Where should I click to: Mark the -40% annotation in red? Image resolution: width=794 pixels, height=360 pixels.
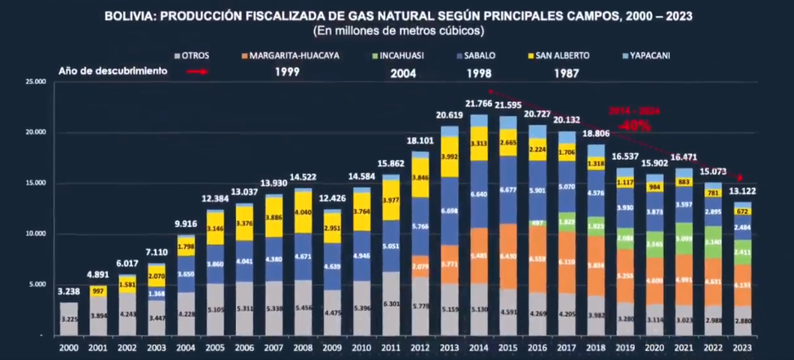(x=633, y=126)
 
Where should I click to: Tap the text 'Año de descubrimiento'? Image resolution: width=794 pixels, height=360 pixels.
(x=113, y=71)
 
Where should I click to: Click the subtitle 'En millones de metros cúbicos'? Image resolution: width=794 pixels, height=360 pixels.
(x=398, y=30)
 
